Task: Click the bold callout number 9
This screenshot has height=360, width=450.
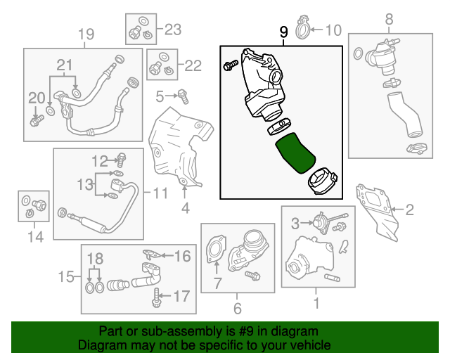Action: point(283,32)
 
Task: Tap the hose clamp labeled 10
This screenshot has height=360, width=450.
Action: point(302,29)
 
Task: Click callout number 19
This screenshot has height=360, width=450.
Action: point(85,34)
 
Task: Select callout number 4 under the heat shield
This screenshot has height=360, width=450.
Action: point(186,208)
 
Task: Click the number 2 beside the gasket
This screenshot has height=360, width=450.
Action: point(410,209)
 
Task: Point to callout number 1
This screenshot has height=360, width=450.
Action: point(316,303)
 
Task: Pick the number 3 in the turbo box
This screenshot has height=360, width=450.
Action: point(296,224)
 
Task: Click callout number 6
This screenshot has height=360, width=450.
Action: point(237,308)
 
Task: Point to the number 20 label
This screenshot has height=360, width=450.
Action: point(36,97)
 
